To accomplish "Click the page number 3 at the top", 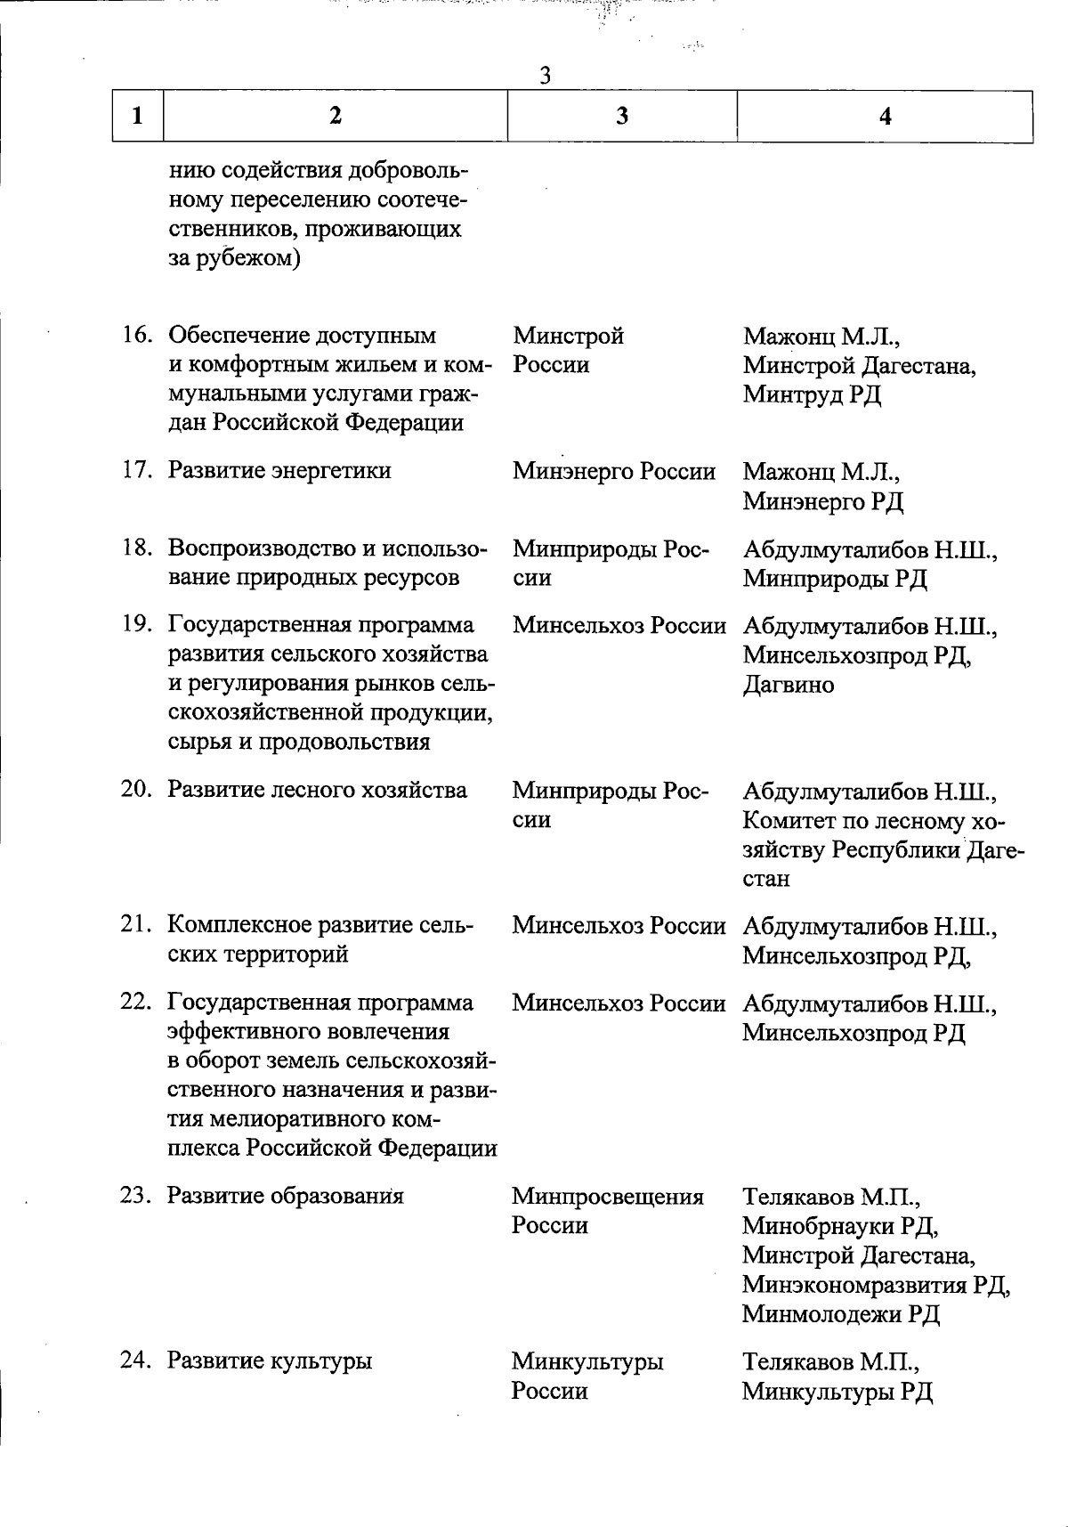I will point(546,77).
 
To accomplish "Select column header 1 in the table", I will point(137,116).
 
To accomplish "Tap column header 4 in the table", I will point(885,116).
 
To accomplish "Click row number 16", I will point(138,336).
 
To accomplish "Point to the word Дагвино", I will point(789,685).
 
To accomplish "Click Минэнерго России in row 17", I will point(614,471).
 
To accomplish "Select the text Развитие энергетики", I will point(279,470).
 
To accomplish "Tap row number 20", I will point(138,790).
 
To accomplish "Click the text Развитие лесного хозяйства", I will point(317,790).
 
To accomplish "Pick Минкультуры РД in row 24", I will point(837,1391).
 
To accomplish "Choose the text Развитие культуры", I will point(270,1360).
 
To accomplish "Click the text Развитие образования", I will point(286,1195).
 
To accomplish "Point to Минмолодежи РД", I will point(841,1314).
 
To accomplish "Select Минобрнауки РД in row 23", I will point(840,1226).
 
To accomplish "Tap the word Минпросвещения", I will point(608,1196).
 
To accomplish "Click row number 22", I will point(137,1003).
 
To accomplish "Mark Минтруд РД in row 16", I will point(813,394).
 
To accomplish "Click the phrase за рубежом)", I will point(233,259).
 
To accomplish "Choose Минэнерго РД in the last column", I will point(823,501).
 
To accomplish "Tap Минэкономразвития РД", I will point(877,1285).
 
